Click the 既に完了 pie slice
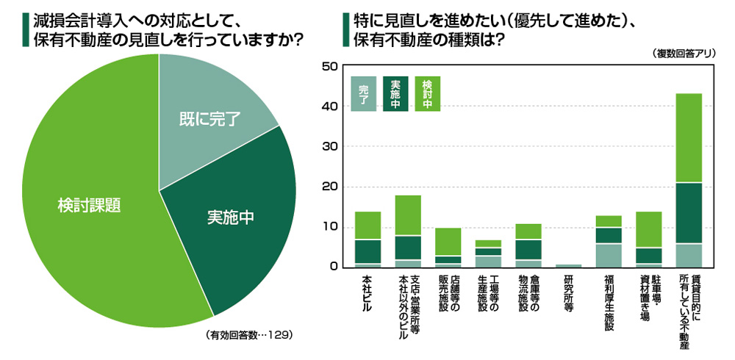coord(209,118)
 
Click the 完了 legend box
coord(363,94)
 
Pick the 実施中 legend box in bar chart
coord(395,94)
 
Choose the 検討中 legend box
coord(428,94)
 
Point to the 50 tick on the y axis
coord(329,67)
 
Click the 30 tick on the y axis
coord(329,147)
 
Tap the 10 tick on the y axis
coord(329,227)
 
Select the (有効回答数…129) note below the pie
coord(250,335)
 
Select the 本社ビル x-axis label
coord(367,294)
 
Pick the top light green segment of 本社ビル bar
coord(367,226)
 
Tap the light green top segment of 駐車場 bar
coord(649,229)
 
